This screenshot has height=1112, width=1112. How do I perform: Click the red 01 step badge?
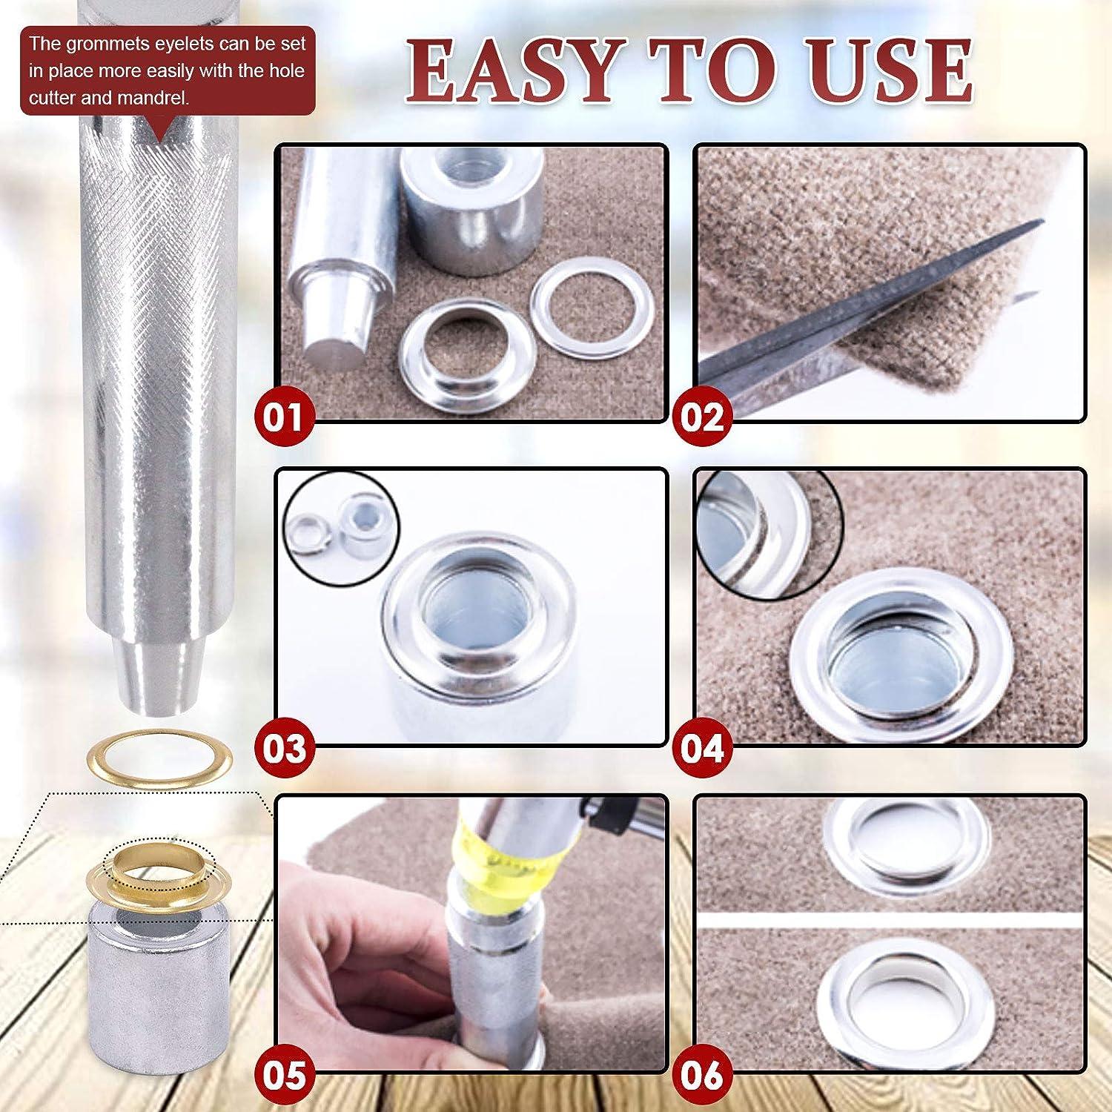click(x=285, y=417)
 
